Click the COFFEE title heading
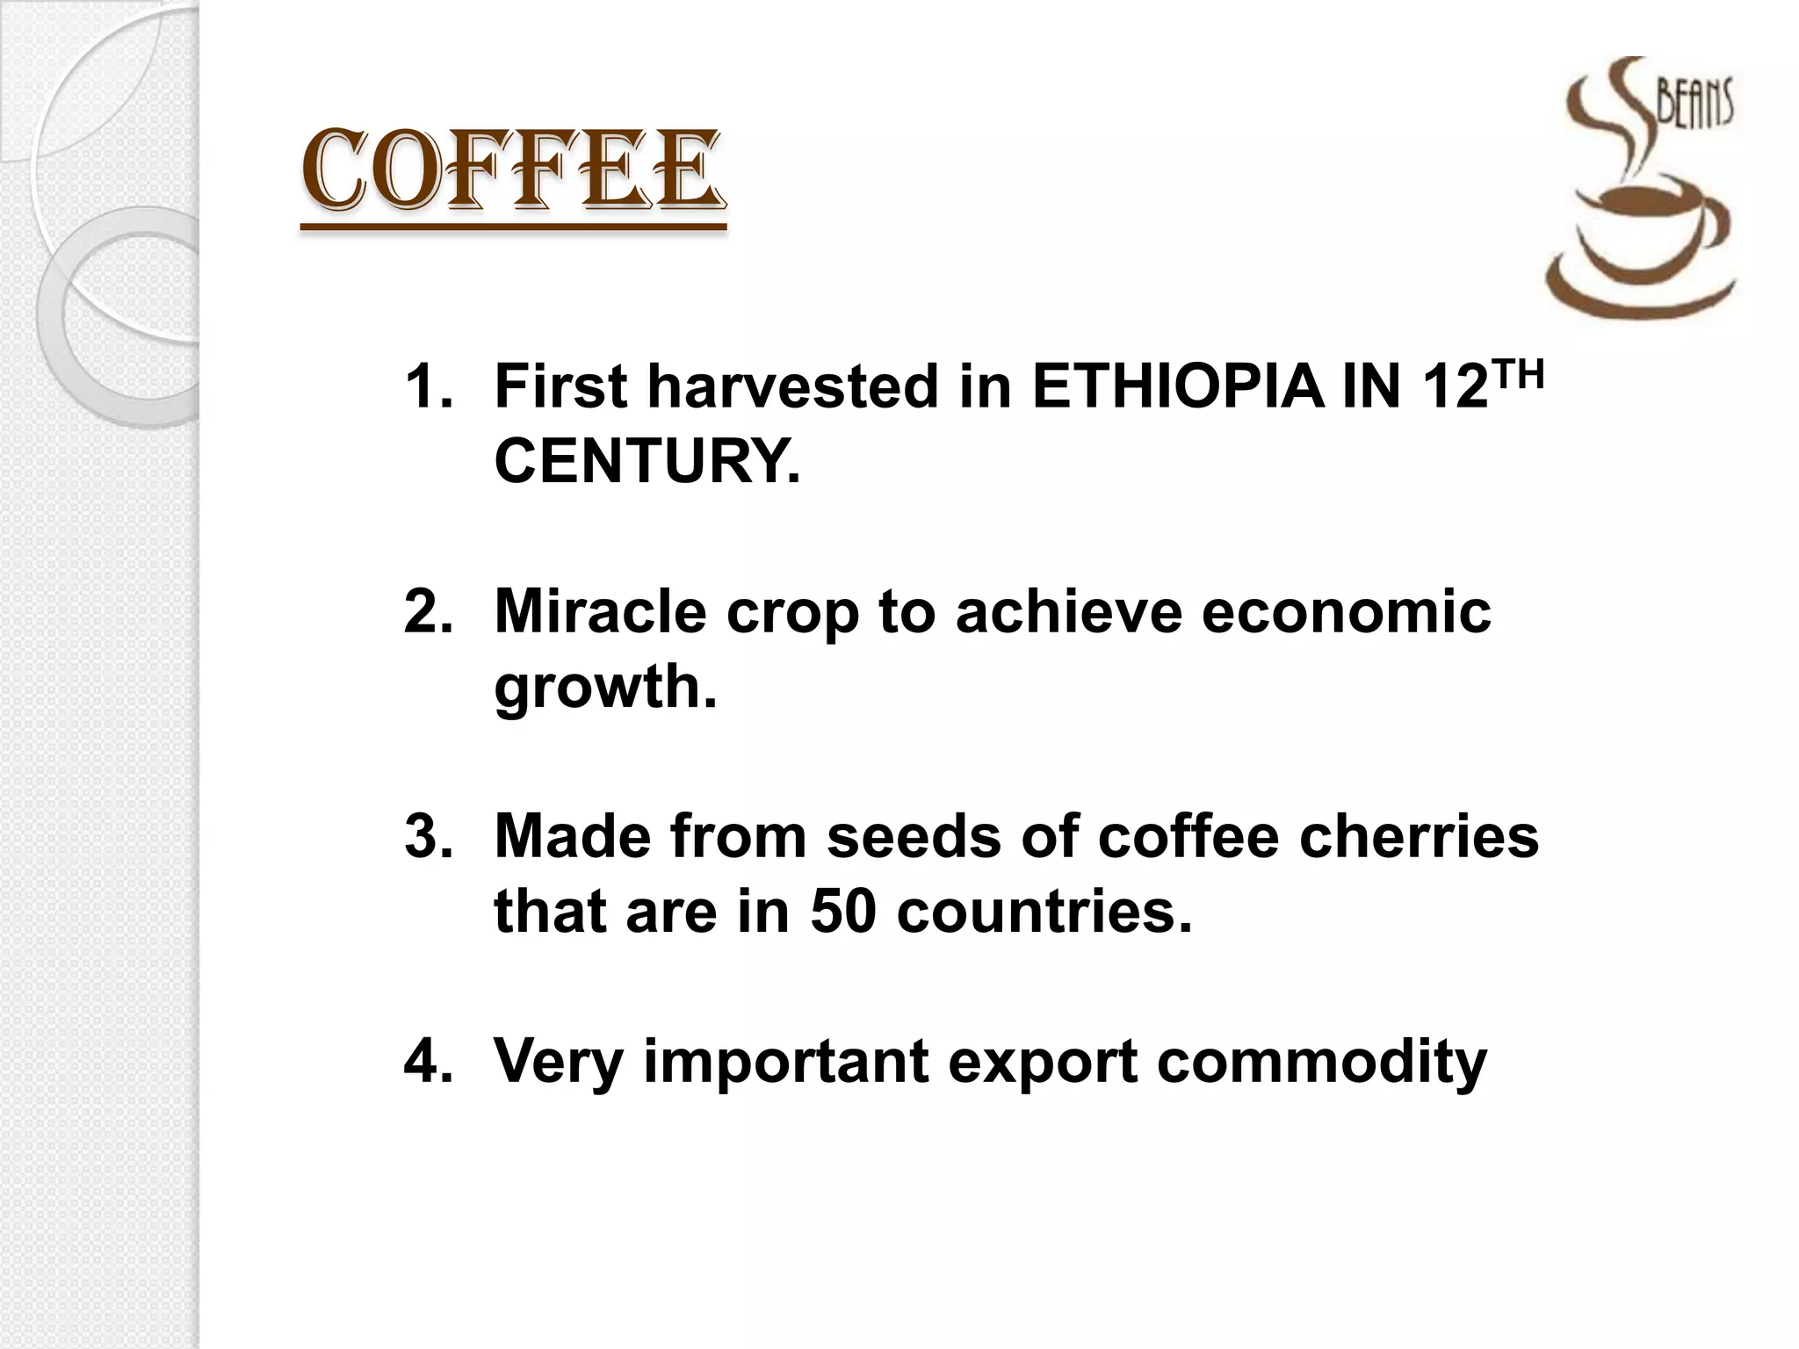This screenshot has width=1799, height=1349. click(x=513, y=172)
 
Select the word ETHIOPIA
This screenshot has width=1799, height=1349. click(x=1177, y=386)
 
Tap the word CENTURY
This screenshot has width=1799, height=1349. click(x=647, y=461)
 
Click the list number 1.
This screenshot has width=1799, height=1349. click(x=428, y=386)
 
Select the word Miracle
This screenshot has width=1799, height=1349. click(x=600, y=611)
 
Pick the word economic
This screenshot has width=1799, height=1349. click(x=1346, y=611)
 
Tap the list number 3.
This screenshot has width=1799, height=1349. click(x=428, y=836)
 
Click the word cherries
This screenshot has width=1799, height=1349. click(x=1419, y=836)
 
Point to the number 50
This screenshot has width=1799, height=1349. click(x=843, y=912)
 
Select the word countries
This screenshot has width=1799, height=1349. click(x=1044, y=912)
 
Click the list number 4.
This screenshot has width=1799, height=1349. click(x=428, y=1062)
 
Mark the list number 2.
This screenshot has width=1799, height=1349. click(x=428, y=611)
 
